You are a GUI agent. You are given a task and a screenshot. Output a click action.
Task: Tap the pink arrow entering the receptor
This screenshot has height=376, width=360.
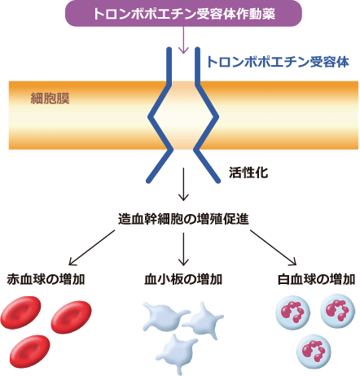pos(182,40)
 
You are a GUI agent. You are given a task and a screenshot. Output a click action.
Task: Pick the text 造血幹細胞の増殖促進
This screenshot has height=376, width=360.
pos(180,221)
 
